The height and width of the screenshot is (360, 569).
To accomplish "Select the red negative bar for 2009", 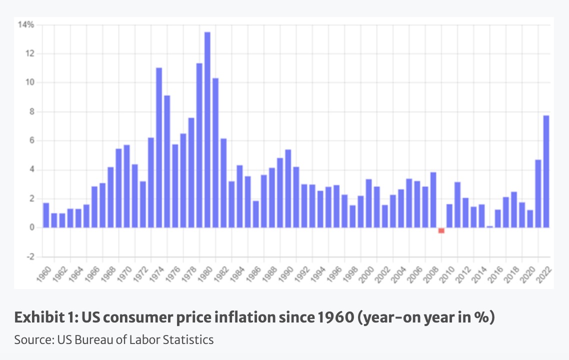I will [x=441, y=230].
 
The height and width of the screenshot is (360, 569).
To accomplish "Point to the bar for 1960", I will [x=46, y=215].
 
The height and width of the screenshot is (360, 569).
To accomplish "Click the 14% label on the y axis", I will [x=26, y=24].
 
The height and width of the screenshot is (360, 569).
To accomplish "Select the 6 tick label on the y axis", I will [x=31, y=140].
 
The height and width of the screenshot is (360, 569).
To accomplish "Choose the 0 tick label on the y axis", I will [x=31, y=227].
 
